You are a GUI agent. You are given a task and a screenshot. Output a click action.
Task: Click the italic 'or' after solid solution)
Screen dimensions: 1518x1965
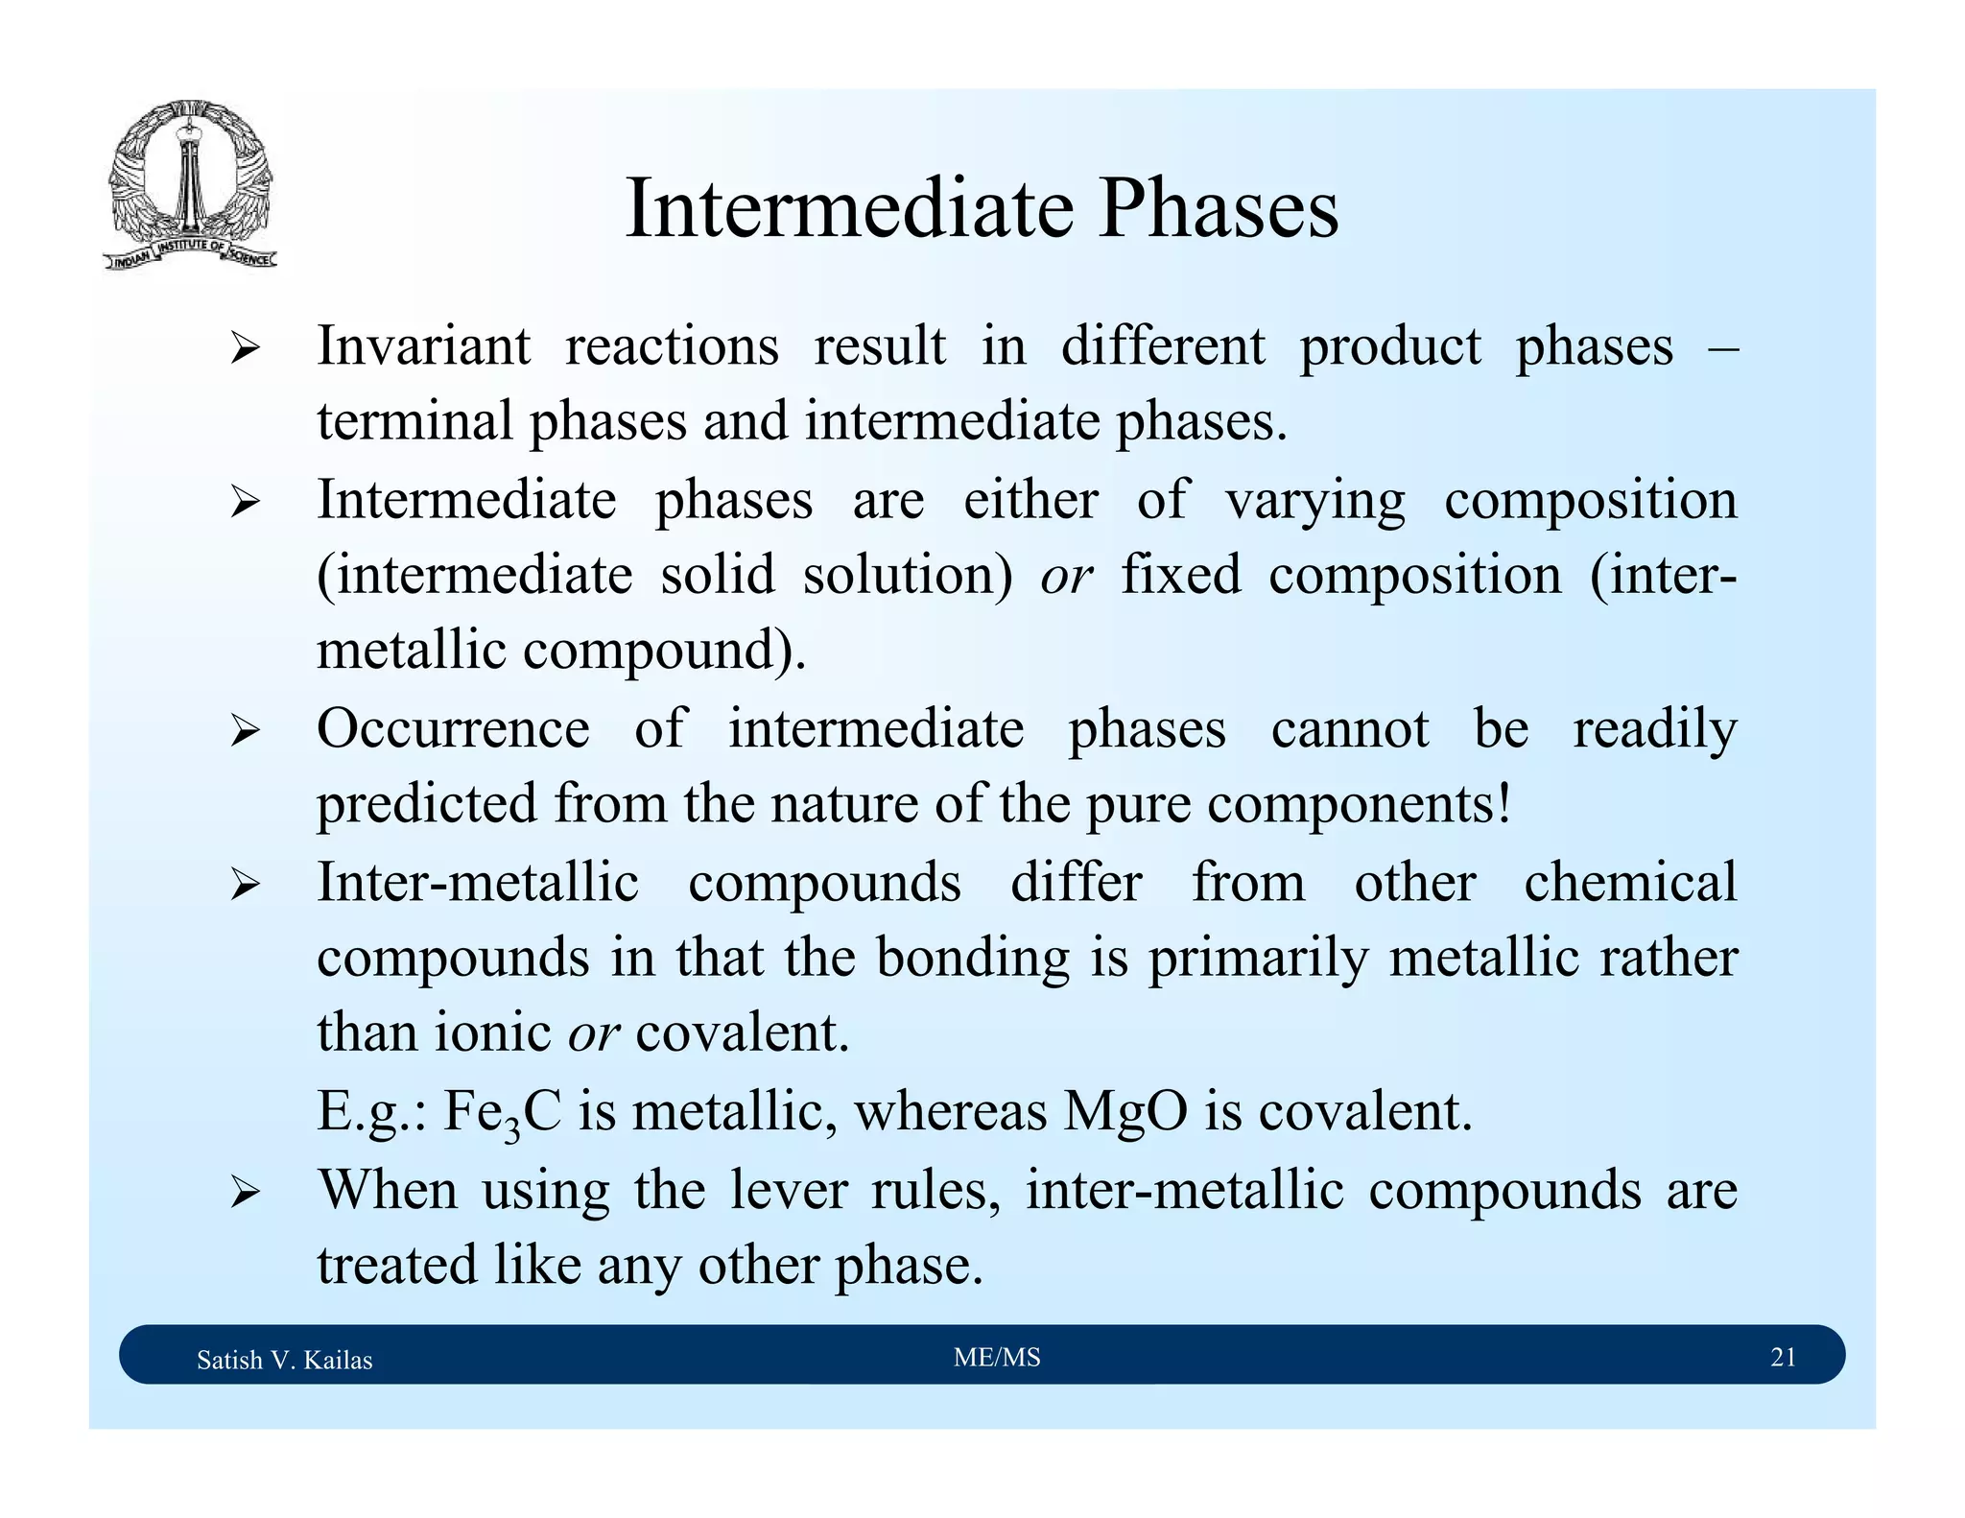[1066, 576]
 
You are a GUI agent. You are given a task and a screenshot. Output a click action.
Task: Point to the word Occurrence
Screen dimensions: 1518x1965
[453, 728]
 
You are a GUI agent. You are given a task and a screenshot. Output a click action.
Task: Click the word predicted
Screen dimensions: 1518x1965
[426, 803]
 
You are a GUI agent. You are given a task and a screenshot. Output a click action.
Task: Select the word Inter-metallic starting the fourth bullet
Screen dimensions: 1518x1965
[477, 882]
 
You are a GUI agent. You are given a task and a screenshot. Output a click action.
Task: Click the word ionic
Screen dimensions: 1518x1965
[492, 1033]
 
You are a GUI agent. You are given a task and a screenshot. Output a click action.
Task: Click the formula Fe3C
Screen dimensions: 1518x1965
[501, 1113]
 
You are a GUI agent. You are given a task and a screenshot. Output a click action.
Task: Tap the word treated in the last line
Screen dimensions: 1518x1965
[396, 1266]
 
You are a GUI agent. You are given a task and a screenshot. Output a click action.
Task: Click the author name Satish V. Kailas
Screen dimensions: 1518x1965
[284, 1360]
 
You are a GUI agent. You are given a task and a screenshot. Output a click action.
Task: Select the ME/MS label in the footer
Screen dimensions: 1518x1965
[996, 1358]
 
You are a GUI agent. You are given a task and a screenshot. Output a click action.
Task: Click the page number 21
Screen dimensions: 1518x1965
[1782, 1358]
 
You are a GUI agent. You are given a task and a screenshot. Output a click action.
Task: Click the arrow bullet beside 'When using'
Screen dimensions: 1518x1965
[245, 1194]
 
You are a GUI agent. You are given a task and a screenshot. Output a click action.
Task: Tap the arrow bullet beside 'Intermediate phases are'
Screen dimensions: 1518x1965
[245, 502]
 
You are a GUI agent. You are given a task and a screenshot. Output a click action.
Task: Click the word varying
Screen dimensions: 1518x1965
[1314, 501]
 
